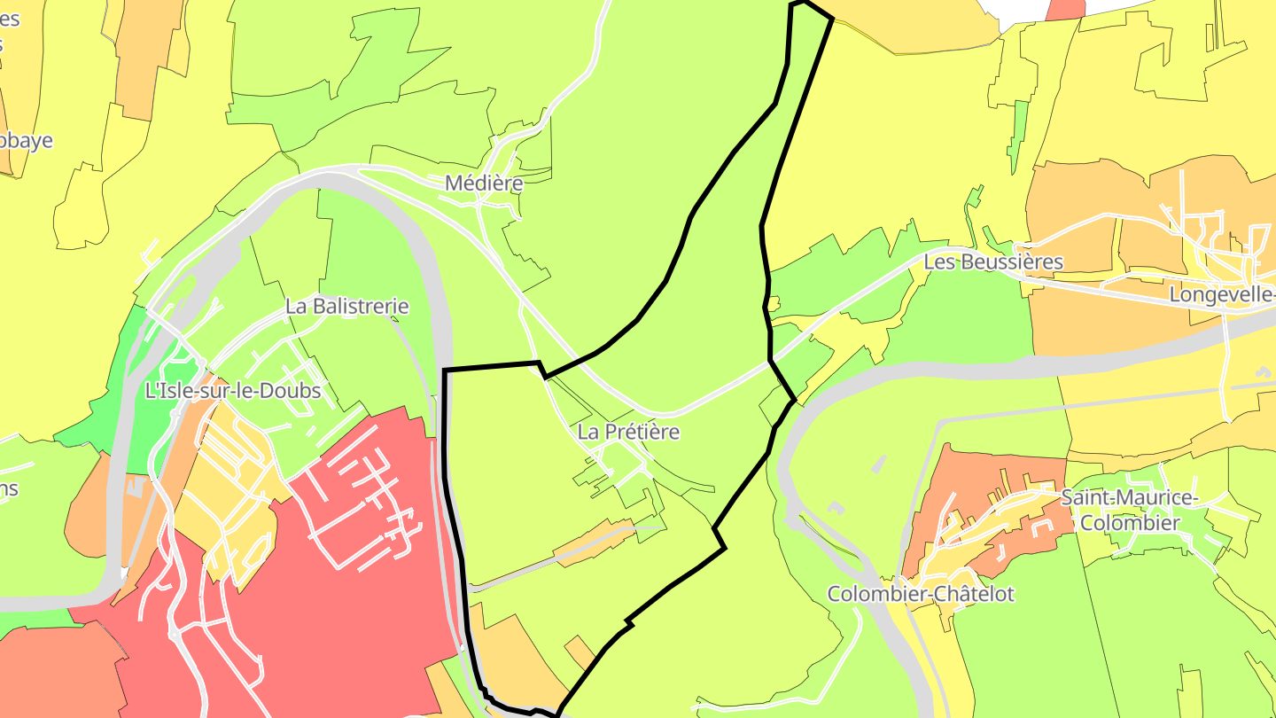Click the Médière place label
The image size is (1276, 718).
[x=483, y=183]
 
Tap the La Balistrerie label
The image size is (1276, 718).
[x=346, y=306]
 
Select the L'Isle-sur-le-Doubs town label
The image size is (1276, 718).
[x=233, y=390]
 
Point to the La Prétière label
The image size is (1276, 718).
[x=628, y=432]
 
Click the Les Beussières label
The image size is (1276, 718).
[x=992, y=261]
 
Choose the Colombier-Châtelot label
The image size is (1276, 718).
[x=921, y=594]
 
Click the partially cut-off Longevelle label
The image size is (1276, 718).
[x=1221, y=294]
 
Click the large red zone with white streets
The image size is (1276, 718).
[x=354, y=603]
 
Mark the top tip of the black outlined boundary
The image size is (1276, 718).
[x=802, y=4]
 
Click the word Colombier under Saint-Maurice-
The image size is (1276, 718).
[x=1129, y=523]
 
